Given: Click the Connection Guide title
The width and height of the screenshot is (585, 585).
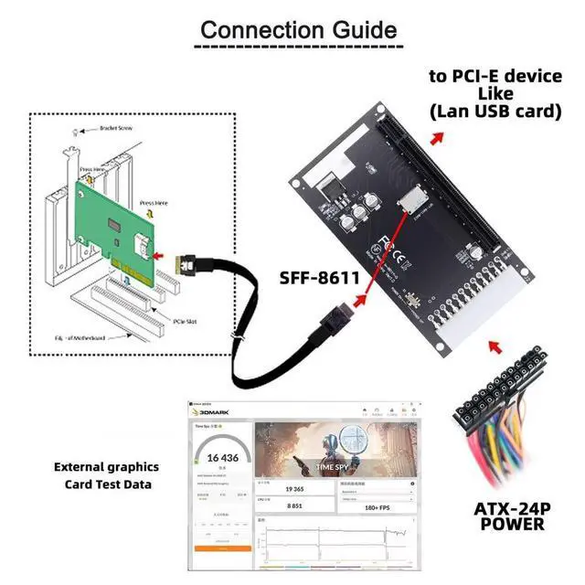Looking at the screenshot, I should [x=299, y=29].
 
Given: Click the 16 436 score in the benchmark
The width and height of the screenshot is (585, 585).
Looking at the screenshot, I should [x=222, y=457].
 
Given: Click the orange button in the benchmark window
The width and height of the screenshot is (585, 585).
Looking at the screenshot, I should [x=222, y=548].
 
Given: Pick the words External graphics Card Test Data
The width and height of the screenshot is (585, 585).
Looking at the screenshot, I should [x=106, y=475].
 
